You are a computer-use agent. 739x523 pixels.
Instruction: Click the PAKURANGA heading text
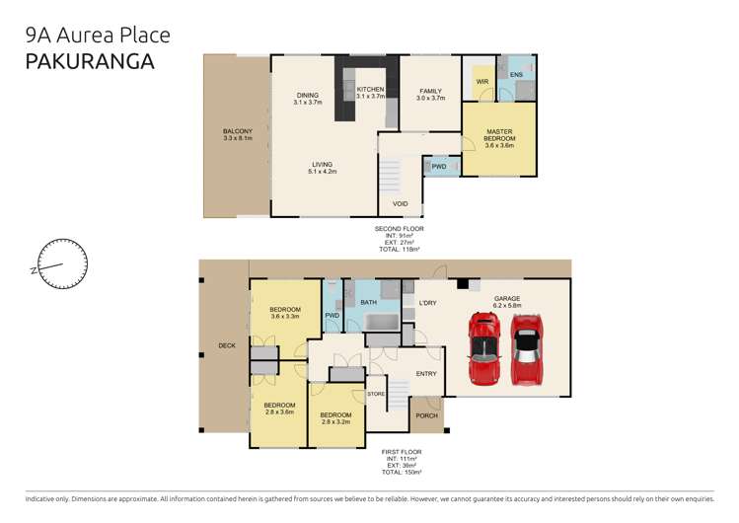pyautogui.click(x=91, y=61)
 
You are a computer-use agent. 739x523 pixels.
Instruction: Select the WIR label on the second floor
pyautogui.click(x=482, y=82)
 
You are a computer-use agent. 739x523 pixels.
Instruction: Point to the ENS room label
pyautogui.click(x=516, y=75)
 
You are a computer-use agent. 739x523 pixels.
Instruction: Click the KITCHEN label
pyautogui.click(x=370, y=93)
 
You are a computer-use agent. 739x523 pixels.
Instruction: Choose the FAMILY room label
pyautogui.click(x=430, y=94)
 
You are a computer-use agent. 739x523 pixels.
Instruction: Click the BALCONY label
pyautogui.click(x=237, y=136)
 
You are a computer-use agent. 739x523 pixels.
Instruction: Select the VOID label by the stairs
pyautogui.click(x=400, y=204)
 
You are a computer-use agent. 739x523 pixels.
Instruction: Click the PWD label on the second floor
pyautogui.click(x=439, y=167)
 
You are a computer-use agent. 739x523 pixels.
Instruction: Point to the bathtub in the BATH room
pyautogui.click(x=378, y=323)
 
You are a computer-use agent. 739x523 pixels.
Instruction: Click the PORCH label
pyautogui.click(x=426, y=415)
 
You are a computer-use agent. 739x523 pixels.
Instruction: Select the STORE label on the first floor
pyautogui.click(x=375, y=395)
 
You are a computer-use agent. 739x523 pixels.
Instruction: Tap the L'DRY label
pyautogui.click(x=427, y=302)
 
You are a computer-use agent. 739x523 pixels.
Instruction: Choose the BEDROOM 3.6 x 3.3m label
pyautogui.click(x=284, y=313)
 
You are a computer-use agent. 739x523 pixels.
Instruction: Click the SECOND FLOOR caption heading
pyautogui.click(x=399, y=229)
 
